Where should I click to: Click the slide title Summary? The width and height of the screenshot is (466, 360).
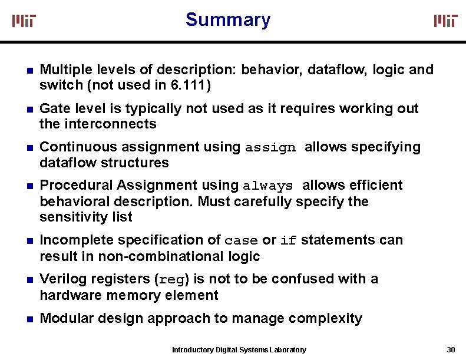[x=228, y=19]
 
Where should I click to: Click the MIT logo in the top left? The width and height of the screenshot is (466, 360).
[x=24, y=21]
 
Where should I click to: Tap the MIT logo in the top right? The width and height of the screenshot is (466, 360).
[x=445, y=21]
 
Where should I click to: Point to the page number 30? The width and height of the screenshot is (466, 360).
[x=451, y=349]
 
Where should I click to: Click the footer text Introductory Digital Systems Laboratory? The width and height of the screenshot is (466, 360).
[x=239, y=350]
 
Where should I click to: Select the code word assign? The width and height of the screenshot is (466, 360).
[x=270, y=148]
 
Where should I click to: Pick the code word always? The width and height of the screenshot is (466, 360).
[x=268, y=186]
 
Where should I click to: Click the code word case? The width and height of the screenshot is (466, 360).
[x=242, y=241]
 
